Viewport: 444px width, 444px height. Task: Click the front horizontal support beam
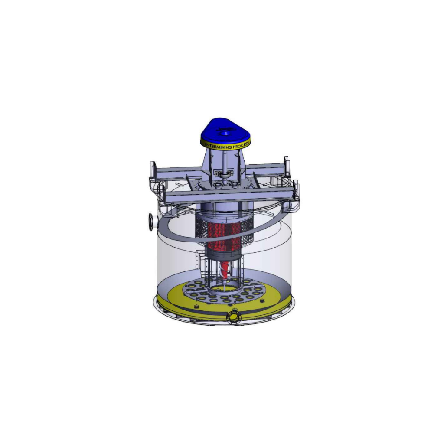point(230,198)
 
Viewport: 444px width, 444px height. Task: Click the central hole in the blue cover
point(224,134)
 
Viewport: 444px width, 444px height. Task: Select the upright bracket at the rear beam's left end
point(153,170)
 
